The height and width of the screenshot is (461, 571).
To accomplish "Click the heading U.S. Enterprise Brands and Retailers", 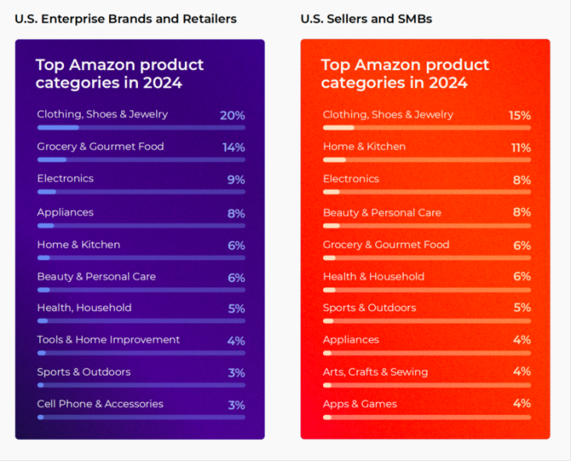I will point(126,18).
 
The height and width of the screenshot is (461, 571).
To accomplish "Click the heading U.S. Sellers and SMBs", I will point(366,18).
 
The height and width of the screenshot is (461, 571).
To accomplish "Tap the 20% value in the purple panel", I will point(232,115).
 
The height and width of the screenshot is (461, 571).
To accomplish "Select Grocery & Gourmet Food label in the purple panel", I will point(101,146).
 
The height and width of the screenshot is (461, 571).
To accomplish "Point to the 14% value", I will point(233,147).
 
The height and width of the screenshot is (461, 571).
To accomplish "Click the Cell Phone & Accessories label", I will point(100,403).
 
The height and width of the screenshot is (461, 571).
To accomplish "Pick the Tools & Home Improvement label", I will point(108,340).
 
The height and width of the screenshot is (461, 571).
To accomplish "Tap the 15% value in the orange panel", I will point(520,115).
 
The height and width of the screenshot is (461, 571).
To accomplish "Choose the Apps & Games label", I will point(360,403).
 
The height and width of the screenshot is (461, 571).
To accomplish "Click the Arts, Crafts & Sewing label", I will point(375,371).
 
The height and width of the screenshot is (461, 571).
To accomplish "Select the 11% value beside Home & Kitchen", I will point(520,147).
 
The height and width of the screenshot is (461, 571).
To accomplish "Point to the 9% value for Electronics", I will point(236,180).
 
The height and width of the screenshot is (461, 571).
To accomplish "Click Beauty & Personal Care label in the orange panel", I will point(382,212).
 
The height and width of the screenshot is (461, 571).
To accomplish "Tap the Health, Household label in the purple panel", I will point(84,308).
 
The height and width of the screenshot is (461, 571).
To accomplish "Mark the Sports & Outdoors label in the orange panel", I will point(370,308).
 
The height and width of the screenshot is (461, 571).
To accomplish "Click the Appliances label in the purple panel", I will point(65,212).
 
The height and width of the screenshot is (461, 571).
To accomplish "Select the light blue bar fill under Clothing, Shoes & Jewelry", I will point(58,127).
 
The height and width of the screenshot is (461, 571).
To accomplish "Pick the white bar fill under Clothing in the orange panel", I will point(339,127).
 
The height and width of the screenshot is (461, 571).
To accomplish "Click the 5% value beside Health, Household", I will point(236,308).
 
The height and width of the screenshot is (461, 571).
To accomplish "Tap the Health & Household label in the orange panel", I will point(374,276).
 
